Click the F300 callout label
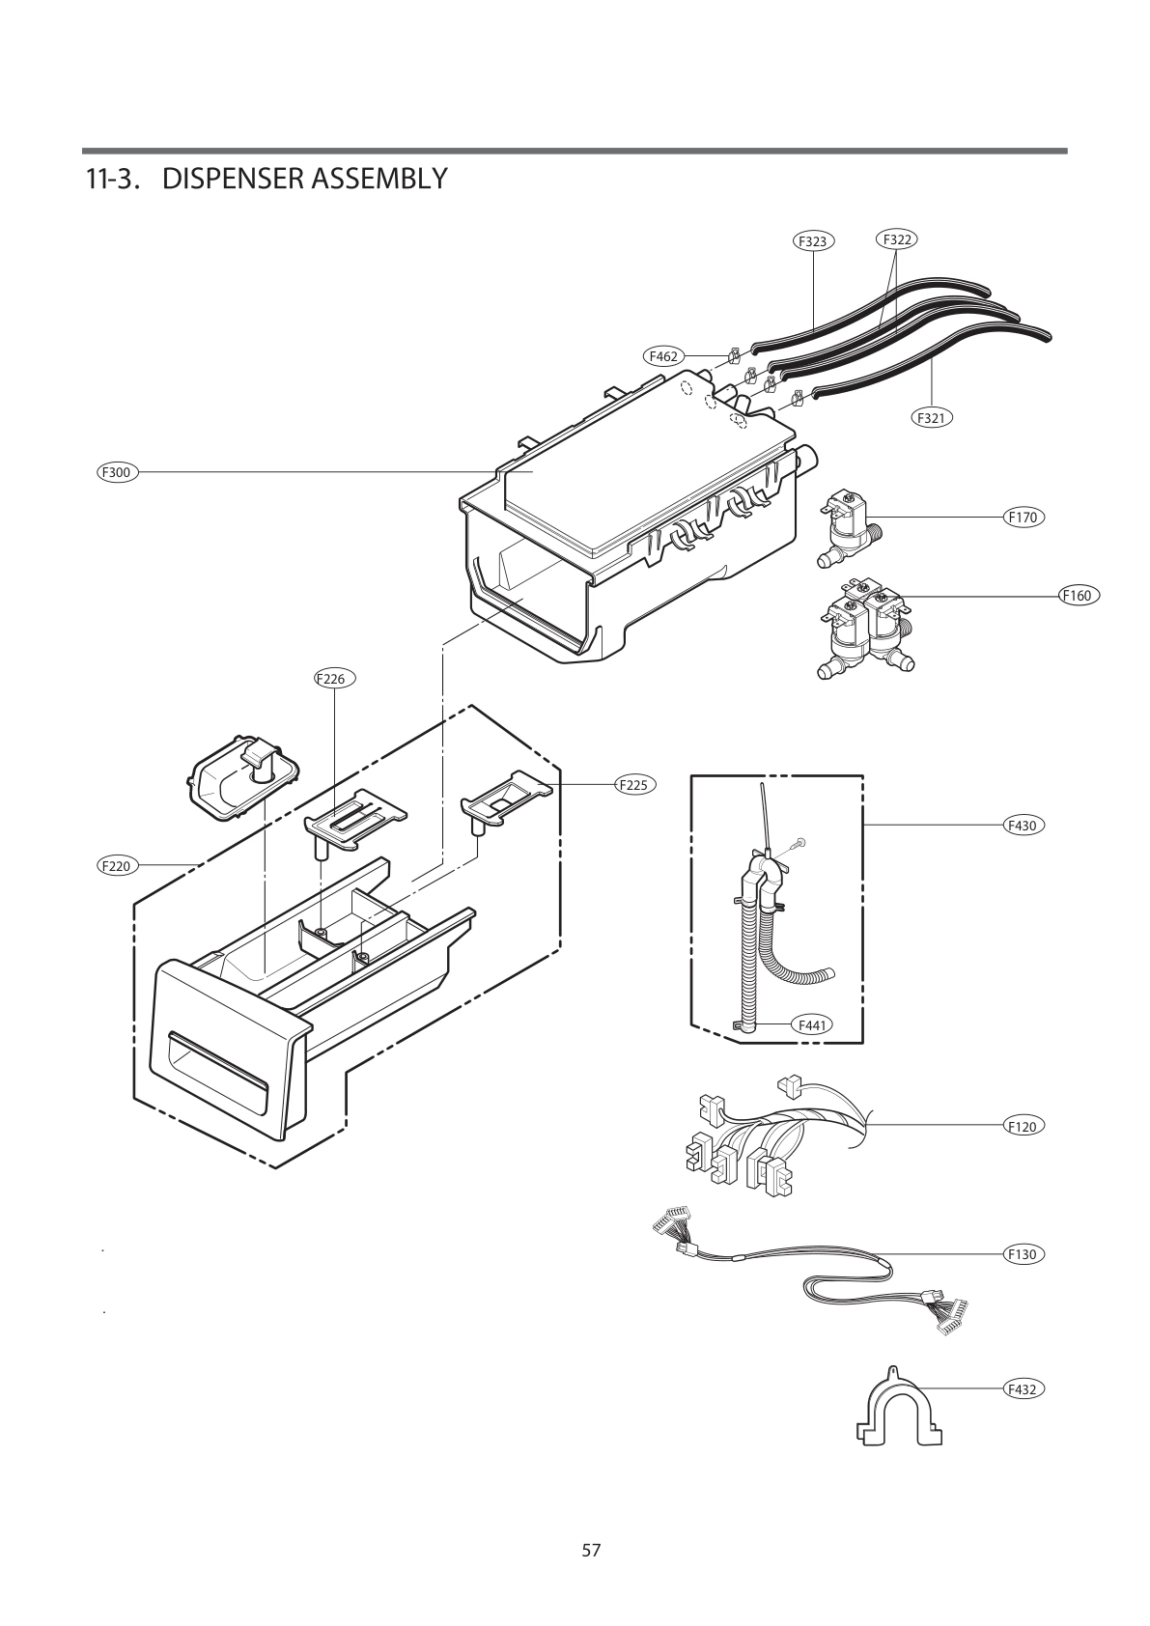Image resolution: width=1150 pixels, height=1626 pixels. click(x=117, y=472)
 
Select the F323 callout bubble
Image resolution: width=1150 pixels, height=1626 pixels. click(x=814, y=241)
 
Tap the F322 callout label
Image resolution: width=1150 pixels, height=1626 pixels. click(x=897, y=238)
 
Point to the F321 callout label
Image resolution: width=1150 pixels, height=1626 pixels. click(x=931, y=417)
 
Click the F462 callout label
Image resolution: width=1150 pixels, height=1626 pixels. click(x=663, y=356)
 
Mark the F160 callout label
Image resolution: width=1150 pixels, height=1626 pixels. click(x=1076, y=595)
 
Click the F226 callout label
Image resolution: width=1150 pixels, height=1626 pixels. click(x=334, y=679)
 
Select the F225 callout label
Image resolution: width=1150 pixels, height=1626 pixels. click(x=634, y=785)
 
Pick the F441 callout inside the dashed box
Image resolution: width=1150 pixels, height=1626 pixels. click(x=812, y=1024)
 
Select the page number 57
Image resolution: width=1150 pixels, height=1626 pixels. click(x=591, y=1551)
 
